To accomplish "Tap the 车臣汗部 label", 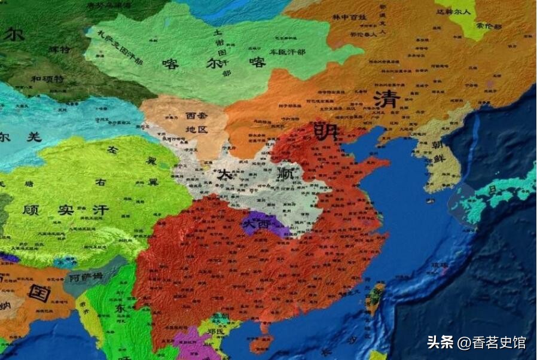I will point(286,53).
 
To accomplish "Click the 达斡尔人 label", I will point(452,11).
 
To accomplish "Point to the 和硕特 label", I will point(45,78).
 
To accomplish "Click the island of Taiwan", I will point(375,298).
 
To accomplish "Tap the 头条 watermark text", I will point(441,342).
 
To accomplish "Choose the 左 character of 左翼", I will point(111,150).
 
